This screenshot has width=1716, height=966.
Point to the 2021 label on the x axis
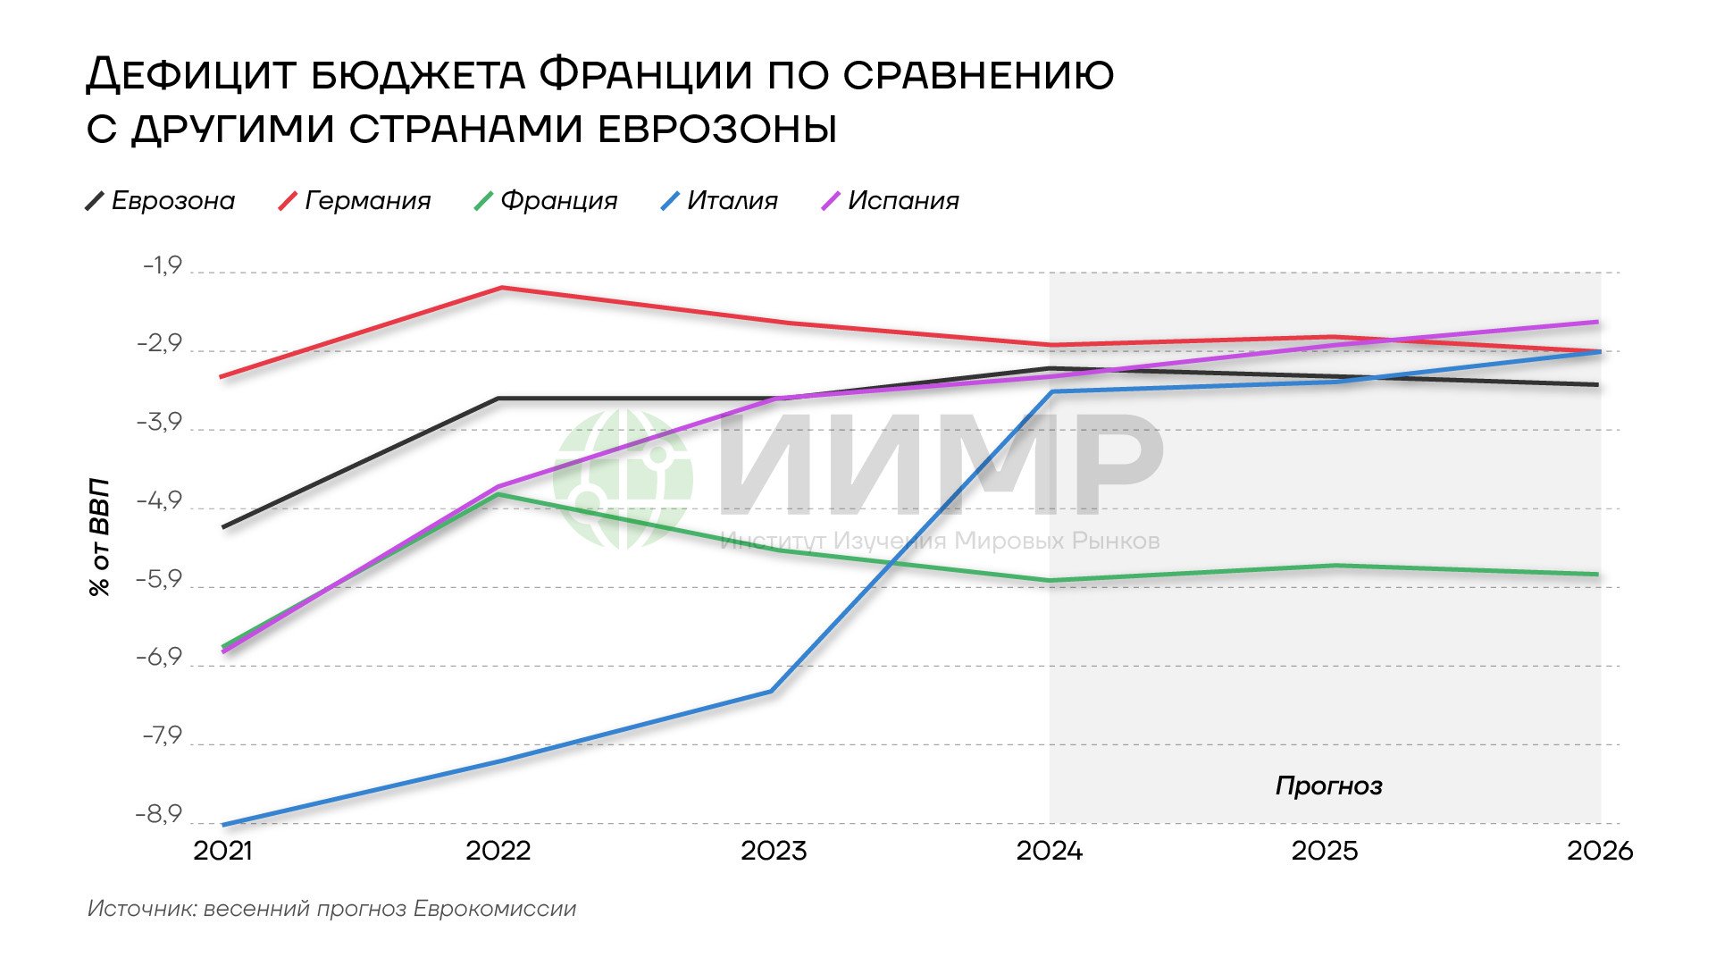pyautogui.click(x=222, y=850)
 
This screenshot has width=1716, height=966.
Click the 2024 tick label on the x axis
pyautogui.click(x=1049, y=850)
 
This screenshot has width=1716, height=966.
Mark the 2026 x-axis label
pyautogui.click(x=1599, y=850)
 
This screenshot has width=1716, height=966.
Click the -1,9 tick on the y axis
pyautogui.click(x=162, y=265)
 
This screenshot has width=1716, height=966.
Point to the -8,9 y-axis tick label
pyautogui.click(x=158, y=814)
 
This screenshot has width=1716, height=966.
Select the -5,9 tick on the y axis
pyautogui.click(x=158, y=580)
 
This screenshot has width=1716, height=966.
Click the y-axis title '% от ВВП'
pyautogui.click(x=99, y=537)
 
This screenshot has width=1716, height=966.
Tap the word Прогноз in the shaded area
pyautogui.click(x=1328, y=785)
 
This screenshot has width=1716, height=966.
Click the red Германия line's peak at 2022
pyautogui.click(x=502, y=287)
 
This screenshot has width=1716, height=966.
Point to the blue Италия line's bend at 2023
pyautogui.click(x=771, y=691)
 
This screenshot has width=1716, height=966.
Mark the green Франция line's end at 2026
pyautogui.click(x=1598, y=574)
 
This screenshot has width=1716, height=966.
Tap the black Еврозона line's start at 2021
pyautogui.click(x=222, y=527)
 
